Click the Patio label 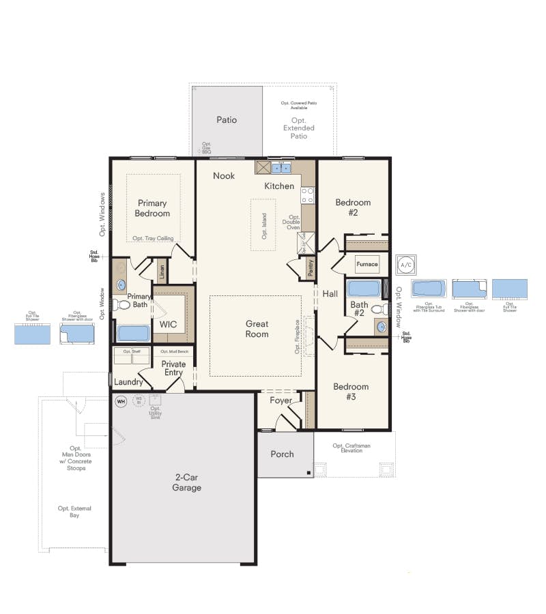[227, 120]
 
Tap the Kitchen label [280, 186]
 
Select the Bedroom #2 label [353, 207]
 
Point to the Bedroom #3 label [351, 392]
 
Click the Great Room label [257, 329]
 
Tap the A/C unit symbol [406, 264]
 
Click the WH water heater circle [121, 401]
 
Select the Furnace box [367, 264]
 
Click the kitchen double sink [281, 168]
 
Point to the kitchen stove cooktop [308, 196]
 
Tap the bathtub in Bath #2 [363, 289]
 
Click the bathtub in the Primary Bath [133, 333]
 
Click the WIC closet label [168, 324]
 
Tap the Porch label [282, 454]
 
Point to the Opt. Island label [264, 226]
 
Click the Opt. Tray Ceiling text [153, 239]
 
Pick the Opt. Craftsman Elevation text [351, 448]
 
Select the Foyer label [281, 401]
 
